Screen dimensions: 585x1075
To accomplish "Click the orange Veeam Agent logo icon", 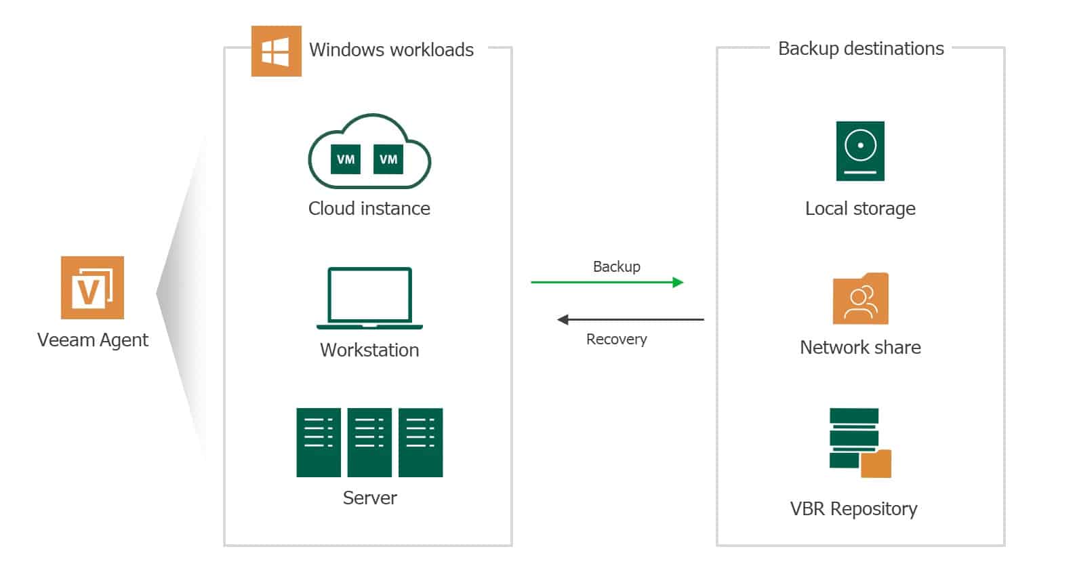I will coord(92,287).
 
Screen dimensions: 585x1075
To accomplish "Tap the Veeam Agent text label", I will coord(92,340).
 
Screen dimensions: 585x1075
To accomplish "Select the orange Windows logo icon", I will coord(276,52).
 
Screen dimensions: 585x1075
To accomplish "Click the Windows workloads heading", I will coord(391,50).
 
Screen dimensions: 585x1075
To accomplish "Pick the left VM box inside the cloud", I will coord(346,159).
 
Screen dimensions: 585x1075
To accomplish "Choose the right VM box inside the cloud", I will coord(388,159).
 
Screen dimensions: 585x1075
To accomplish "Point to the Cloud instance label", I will coord(369,208).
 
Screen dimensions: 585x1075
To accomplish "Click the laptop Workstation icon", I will coord(369,298).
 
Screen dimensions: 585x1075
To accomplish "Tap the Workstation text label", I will coord(369,350).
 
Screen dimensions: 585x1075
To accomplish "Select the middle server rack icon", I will coord(369,442).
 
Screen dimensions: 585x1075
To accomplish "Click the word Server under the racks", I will coord(369,498).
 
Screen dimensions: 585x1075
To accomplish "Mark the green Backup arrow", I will coord(607,282).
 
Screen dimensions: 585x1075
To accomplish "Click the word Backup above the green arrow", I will coord(616,266).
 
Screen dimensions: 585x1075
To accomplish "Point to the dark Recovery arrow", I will coord(630,319).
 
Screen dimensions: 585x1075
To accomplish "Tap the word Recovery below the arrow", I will coord(616,339).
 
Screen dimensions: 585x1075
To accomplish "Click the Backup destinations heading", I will coord(860,49).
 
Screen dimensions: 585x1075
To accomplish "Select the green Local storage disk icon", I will coord(860,150).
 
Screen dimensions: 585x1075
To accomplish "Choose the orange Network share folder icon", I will coord(860,299).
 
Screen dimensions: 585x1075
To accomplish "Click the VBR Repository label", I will coord(853,508).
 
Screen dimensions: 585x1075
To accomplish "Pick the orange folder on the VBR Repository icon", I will coord(876,464).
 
